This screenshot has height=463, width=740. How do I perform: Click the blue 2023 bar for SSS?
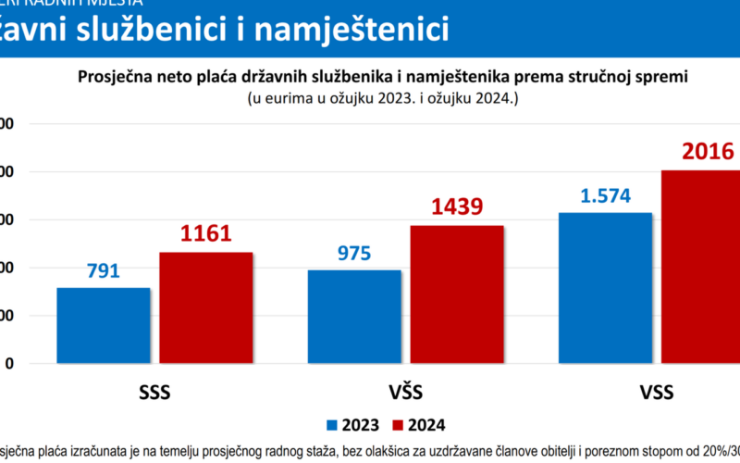[103, 325]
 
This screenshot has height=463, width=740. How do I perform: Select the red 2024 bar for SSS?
[205, 307]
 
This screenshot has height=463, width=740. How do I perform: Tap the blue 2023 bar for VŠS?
[354, 317]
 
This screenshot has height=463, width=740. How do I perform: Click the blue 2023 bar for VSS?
[605, 288]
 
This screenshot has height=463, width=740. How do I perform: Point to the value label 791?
[103, 270]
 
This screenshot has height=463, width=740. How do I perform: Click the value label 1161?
[205, 234]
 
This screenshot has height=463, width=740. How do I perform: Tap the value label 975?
[354, 252]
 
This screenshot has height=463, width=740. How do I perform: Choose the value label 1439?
[457, 206]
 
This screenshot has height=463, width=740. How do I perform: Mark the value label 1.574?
[605, 194]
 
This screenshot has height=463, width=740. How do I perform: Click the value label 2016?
[708, 153]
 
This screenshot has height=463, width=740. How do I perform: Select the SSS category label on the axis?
[154, 393]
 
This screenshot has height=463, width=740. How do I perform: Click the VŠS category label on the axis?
[405, 393]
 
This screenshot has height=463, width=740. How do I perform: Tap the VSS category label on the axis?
[656, 393]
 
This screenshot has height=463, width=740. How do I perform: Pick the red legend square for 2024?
[399, 425]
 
